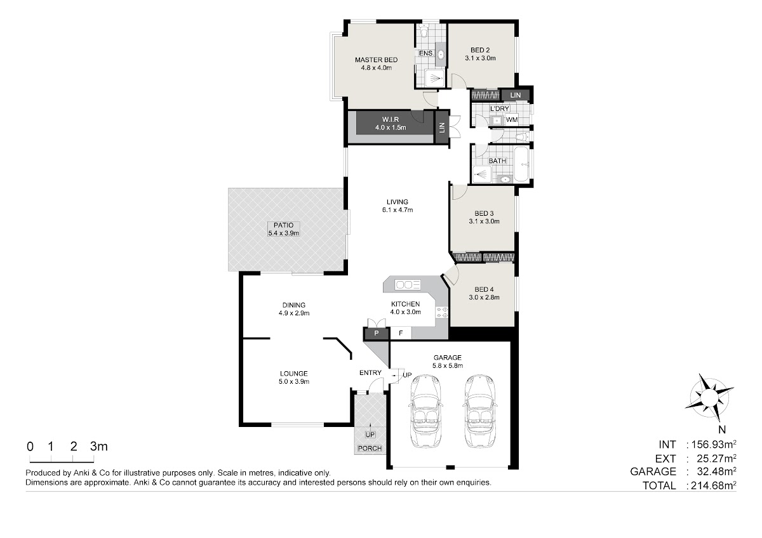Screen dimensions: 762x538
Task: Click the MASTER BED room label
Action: (376, 60)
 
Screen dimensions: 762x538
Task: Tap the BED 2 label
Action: (480, 50)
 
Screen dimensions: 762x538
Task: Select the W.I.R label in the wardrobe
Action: (391, 120)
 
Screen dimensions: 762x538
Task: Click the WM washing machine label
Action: (512, 120)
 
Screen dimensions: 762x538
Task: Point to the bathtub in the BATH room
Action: (522, 164)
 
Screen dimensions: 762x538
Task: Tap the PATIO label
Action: (283, 225)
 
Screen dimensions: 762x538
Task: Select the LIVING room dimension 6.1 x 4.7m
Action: (398, 210)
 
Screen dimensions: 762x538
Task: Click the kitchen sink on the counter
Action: (408, 285)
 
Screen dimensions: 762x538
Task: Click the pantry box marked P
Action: (376, 334)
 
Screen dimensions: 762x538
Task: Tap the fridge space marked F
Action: (401, 334)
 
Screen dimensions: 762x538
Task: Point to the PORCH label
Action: (370, 449)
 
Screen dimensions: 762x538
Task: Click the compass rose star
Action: (709, 397)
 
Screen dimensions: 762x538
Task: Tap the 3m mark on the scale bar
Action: (99, 447)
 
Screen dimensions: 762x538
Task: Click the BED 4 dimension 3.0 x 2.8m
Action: (484, 298)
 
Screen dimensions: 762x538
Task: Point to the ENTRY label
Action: (370, 373)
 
